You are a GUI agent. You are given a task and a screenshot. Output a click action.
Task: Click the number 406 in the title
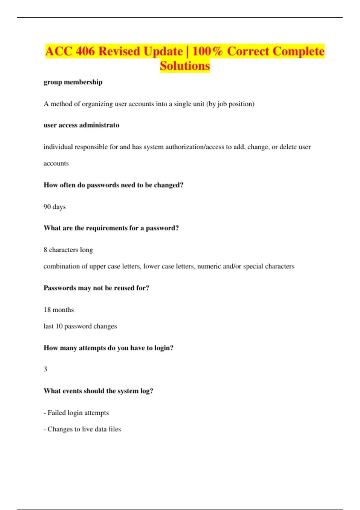[85, 51]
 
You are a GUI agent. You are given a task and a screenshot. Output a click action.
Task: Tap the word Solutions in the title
[185, 66]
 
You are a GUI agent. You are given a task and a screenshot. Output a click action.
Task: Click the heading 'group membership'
[73, 82]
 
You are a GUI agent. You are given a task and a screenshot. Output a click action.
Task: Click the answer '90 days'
[55, 207]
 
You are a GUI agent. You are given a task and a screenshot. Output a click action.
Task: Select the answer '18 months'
[59, 310]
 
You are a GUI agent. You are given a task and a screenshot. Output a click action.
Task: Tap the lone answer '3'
[46, 369]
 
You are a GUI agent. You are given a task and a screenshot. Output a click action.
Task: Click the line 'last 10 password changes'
[80, 326]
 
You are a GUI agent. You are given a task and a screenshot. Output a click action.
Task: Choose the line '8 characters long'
[68, 250]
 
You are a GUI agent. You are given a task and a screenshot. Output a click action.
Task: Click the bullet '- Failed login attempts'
[76, 413]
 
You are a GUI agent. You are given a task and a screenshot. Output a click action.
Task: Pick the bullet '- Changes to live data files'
[82, 429]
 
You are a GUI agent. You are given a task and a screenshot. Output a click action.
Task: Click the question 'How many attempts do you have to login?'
[108, 348]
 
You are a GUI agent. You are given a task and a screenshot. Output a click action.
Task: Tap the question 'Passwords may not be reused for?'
[96, 288]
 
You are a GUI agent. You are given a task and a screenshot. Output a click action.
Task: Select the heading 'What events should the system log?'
[98, 391]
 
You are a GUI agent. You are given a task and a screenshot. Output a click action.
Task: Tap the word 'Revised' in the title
[119, 51]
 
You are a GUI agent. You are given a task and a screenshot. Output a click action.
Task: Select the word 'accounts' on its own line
[56, 163]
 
